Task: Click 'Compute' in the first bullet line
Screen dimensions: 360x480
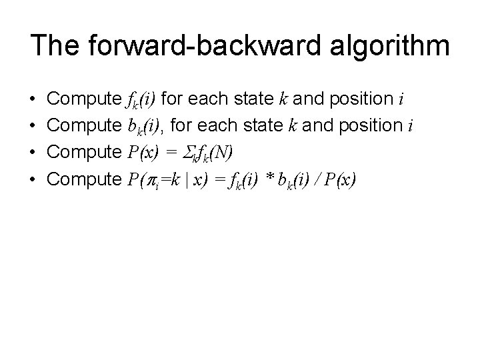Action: click(84, 101)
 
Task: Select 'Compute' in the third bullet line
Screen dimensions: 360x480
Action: click(84, 154)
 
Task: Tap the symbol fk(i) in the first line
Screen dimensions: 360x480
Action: click(141, 101)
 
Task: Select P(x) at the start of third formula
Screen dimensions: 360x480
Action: click(141, 154)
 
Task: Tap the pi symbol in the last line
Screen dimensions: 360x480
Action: click(147, 181)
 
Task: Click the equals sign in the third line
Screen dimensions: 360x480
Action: click(171, 154)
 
